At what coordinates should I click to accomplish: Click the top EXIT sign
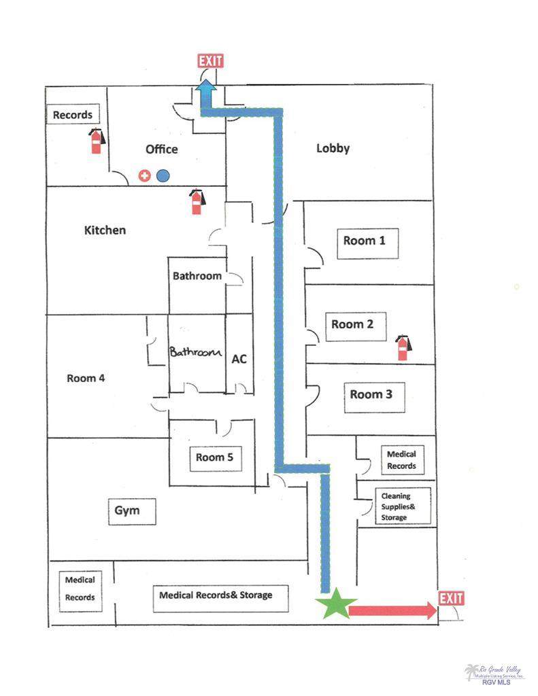210,61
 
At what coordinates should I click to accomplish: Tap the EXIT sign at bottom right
451,598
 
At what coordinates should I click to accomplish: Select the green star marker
335,604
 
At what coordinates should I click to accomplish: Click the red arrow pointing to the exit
392,610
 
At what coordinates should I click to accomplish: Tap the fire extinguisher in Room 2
403,347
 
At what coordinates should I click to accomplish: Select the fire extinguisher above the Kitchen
197,201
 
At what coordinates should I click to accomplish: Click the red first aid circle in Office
144,175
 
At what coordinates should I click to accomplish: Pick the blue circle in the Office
163,175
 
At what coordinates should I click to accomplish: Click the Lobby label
333,147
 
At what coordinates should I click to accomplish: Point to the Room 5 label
214,457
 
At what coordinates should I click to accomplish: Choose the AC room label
239,359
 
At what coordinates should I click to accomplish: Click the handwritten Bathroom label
196,353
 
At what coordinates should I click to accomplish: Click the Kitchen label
105,230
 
